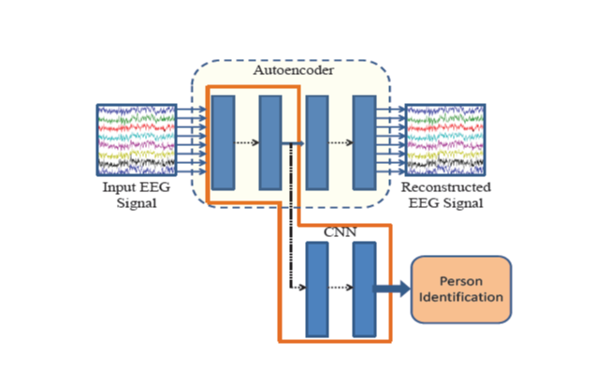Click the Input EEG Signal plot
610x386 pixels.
point(137,141)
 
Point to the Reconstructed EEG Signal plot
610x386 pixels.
point(445,141)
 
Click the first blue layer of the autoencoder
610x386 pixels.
point(223,141)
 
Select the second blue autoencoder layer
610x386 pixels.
point(270,141)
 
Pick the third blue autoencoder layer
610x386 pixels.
point(317,141)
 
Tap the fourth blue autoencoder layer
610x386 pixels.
point(364,141)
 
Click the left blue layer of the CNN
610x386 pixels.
point(317,289)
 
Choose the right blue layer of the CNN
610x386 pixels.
point(363,289)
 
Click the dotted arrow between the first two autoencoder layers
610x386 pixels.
point(246,143)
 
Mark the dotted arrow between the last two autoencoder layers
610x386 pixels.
point(341,143)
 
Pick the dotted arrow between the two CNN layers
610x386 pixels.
point(341,288)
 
